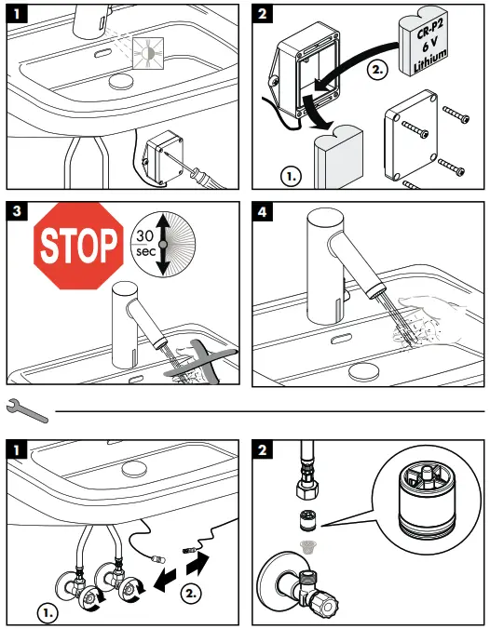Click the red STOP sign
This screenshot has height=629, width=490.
pyautogui.click(x=78, y=247)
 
